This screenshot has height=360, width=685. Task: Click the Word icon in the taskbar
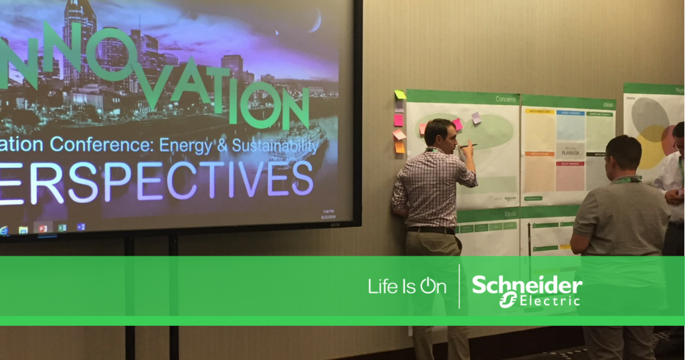81,227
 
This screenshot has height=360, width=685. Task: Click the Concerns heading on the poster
505,99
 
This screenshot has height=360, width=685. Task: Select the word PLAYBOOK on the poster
570,153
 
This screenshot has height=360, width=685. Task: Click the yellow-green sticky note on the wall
400,95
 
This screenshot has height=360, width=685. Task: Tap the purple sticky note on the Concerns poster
476,118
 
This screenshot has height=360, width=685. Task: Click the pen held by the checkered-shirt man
468,145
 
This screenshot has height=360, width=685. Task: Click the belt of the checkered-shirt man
431,230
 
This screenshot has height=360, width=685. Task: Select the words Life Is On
407,287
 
